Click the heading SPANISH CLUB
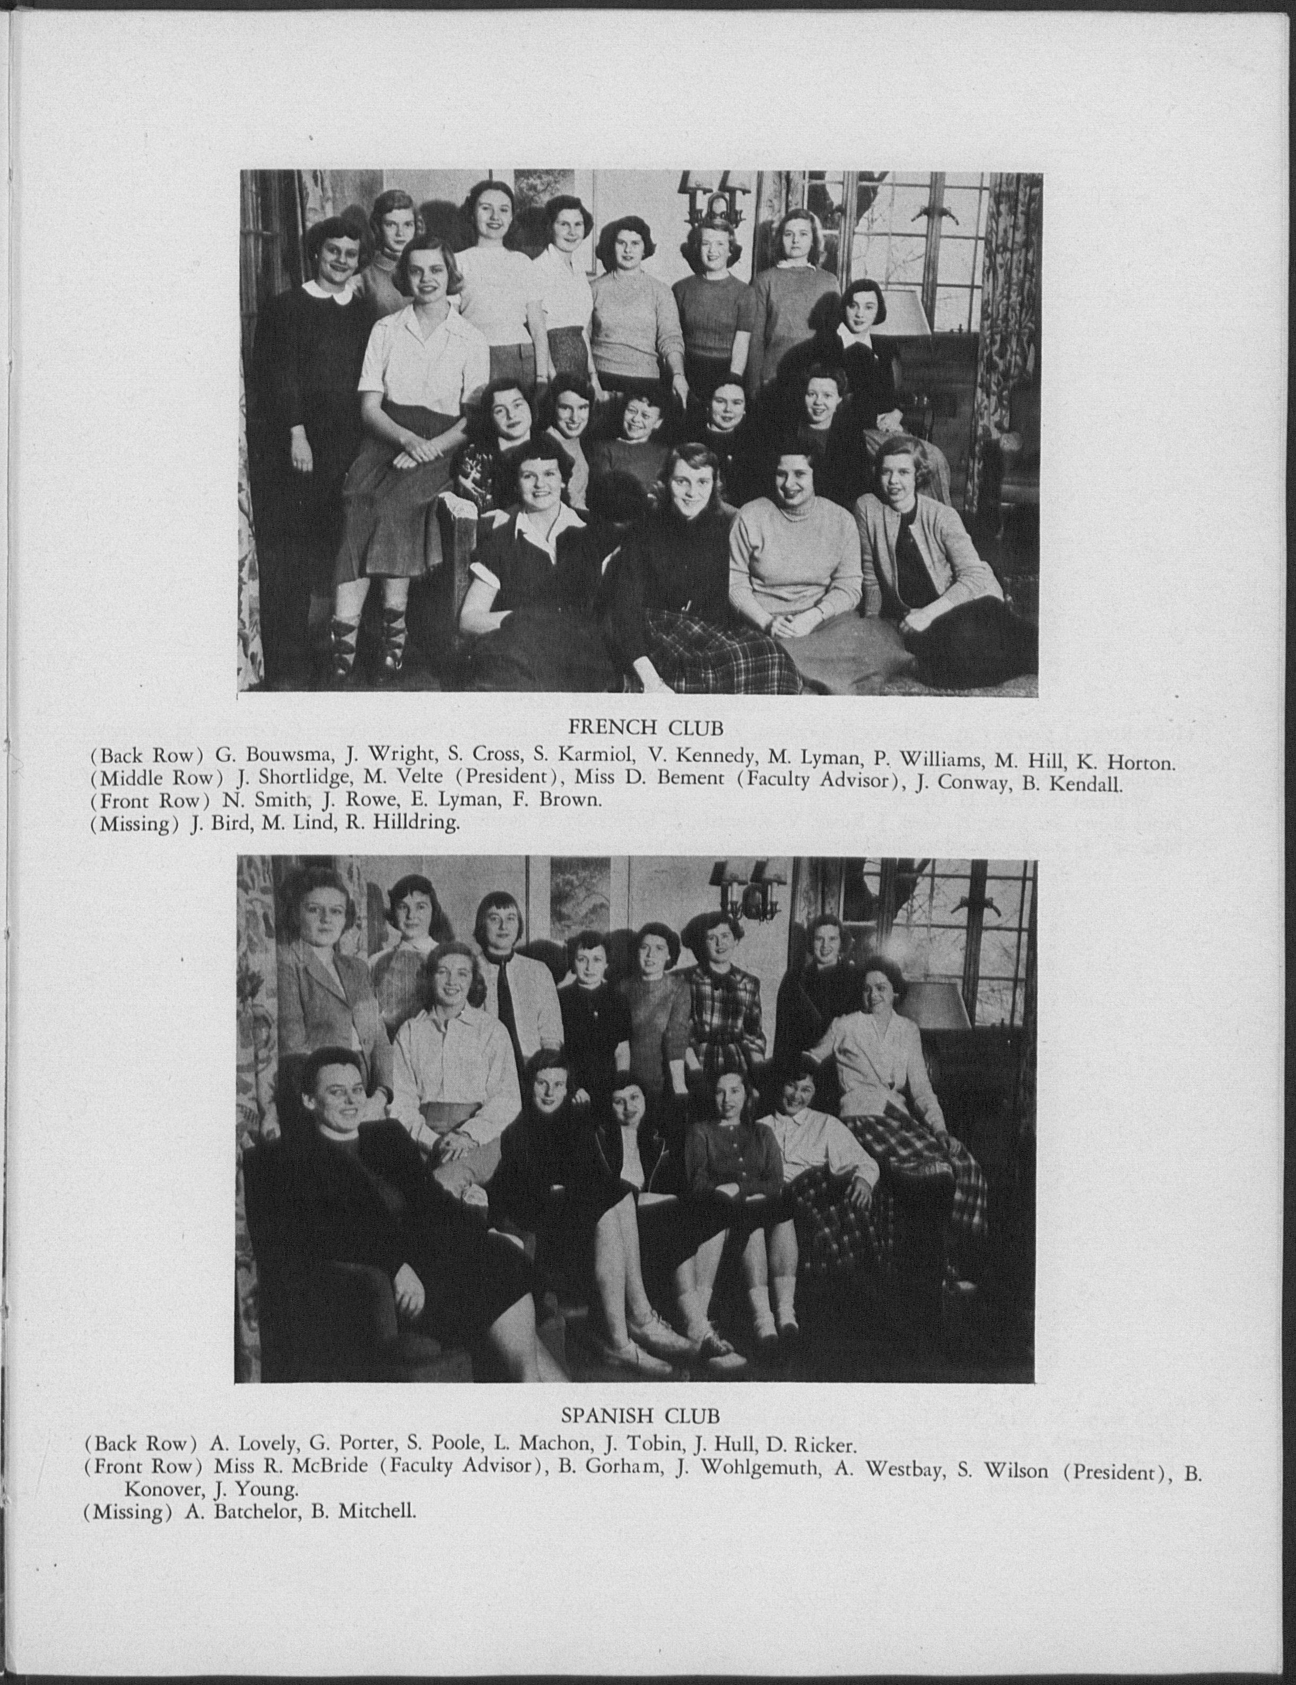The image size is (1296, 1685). [640, 1415]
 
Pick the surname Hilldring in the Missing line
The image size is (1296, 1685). [416, 823]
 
